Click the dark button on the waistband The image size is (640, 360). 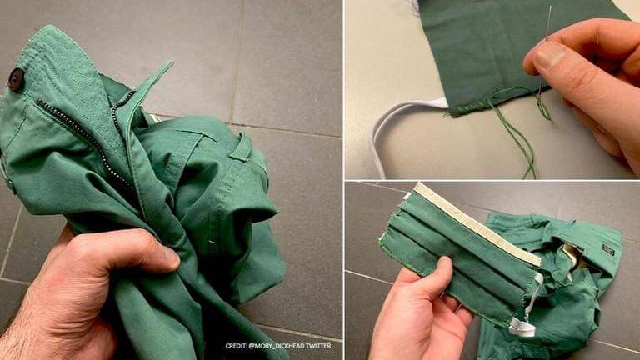(x=17, y=79)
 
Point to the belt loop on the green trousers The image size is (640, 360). (x=242, y=147)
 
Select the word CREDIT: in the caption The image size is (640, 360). (x=236, y=346)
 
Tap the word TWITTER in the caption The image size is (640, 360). (x=317, y=346)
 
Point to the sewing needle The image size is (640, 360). (x=545, y=49)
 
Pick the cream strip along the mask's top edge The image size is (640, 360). (x=477, y=223)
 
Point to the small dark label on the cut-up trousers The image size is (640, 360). (x=607, y=249)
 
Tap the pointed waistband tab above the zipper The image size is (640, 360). (x=151, y=82)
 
